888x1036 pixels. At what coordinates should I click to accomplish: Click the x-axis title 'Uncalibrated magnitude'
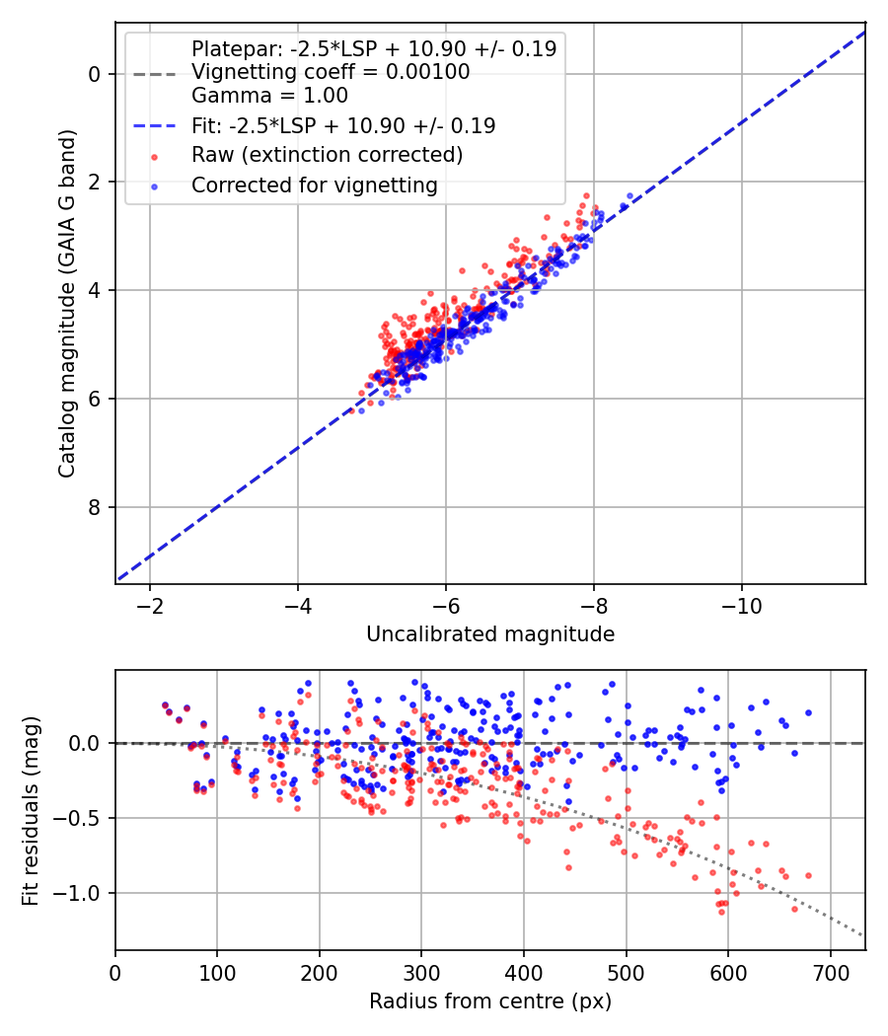coord(490,634)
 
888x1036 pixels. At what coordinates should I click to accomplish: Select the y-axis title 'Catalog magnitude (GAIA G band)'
coord(67,303)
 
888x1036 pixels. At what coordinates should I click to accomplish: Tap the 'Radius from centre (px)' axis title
coord(490,1001)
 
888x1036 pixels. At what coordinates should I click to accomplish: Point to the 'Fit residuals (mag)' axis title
coord(31,811)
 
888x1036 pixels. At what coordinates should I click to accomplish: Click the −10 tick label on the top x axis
coord(741,606)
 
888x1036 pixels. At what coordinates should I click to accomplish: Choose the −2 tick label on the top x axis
coord(150,606)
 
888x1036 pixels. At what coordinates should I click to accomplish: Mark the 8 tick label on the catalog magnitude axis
coord(95,507)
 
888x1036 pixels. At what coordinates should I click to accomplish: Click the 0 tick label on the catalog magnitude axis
coord(95,74)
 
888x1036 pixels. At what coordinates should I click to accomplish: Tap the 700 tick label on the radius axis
coord(830,973)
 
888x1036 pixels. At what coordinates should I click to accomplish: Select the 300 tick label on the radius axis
coord(421,973)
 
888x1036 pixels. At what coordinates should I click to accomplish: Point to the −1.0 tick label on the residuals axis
coord(77,893)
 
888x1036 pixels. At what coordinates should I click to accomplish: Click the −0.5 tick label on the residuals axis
coord(77,818)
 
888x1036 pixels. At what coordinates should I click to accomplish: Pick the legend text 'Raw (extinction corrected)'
coord(327,155)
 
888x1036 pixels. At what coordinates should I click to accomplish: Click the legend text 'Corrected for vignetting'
coord(315,185)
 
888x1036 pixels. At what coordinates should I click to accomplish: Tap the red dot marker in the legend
coord(155,157)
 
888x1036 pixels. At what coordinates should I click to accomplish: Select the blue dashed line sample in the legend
coord(155,125)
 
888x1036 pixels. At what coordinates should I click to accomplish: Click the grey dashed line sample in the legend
coord(155,74)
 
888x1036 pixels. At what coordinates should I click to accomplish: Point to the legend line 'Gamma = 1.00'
coord(269,95)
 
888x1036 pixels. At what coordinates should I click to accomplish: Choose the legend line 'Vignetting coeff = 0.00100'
coord(331,71)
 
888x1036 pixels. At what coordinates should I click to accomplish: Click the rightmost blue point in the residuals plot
coord(808,713)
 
